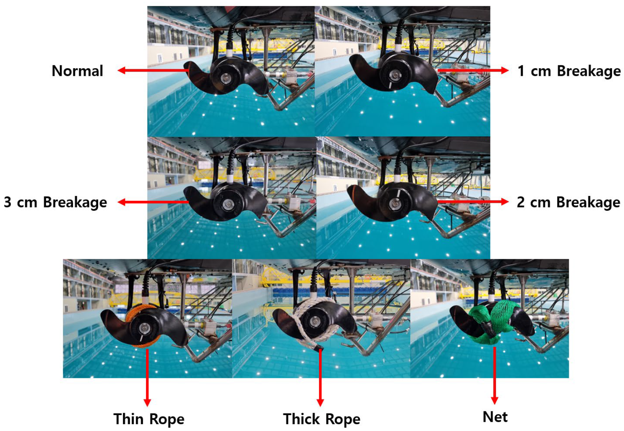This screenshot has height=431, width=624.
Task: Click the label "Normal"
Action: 77,71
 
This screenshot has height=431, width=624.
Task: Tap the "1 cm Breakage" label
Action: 569,71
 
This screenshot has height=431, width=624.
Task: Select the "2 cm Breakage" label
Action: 568,202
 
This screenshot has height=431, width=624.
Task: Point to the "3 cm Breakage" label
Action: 55,202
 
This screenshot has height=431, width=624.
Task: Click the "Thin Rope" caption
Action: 149,419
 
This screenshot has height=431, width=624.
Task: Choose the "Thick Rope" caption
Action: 322,419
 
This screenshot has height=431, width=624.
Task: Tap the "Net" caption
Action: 495,417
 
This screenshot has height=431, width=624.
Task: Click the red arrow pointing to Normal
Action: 153,70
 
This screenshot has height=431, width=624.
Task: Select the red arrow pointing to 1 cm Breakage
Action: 473,71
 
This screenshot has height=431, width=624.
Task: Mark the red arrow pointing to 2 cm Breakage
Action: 473,202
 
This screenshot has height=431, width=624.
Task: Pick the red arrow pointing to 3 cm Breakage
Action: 153,202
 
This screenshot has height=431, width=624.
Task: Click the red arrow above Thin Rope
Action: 147,378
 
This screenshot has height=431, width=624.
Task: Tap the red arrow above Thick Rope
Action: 320,378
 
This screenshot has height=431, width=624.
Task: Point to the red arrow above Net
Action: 494,376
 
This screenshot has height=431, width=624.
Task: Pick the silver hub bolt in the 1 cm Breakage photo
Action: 394,75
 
